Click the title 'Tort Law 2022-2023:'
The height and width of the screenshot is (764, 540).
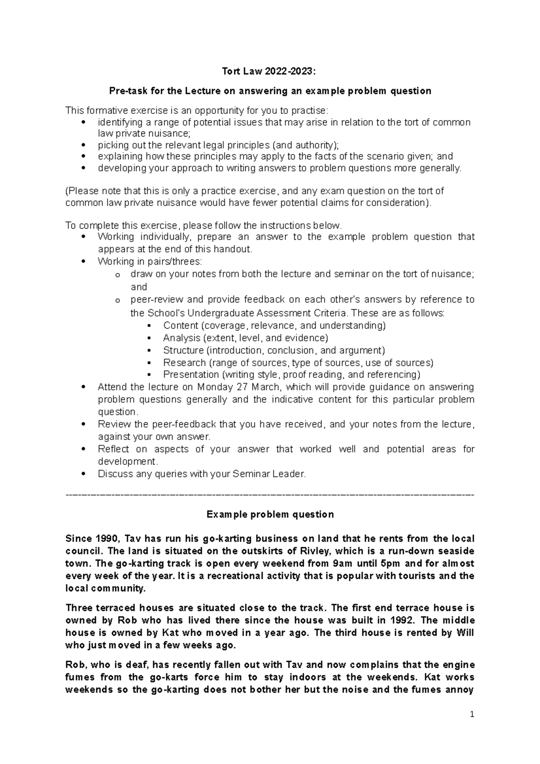270,71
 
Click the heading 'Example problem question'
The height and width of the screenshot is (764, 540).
270,514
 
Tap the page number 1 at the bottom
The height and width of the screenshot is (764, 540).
472,714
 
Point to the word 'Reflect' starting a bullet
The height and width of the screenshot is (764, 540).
113,449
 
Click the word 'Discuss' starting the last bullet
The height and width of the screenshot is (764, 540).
114,474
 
